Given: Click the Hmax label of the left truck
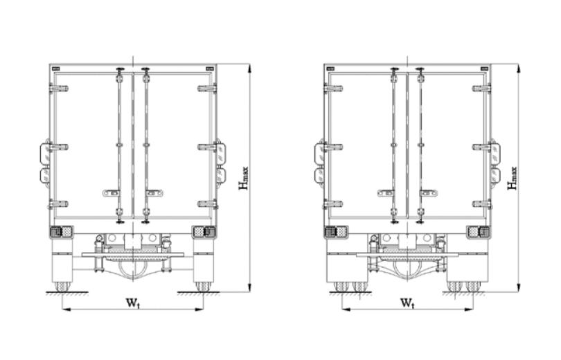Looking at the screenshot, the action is [244, 178].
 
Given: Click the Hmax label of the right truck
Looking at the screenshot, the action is [513, 178].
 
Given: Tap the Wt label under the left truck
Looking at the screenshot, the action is [132, 303].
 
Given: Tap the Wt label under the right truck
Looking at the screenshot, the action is [407, 303].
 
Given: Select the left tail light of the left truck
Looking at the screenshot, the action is [61, 232].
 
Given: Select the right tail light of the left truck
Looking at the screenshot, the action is [204, 232].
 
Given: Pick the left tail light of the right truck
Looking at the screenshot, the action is [336, 232].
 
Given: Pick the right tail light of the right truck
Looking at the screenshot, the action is [479, 232].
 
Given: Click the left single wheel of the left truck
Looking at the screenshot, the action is [62, 287].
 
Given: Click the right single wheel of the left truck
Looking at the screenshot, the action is [203, 287].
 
